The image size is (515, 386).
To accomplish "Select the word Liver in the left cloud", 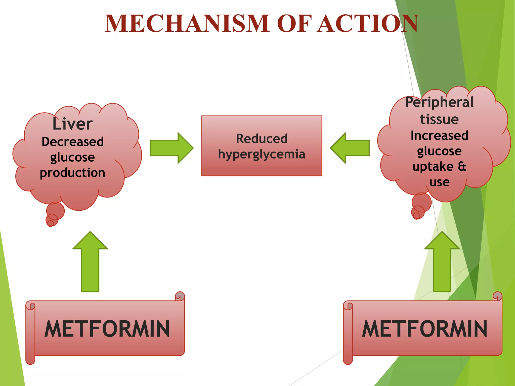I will pyautogui.click(x=72, y=124).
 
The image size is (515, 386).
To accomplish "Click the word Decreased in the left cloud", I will pyautogui.click(x=72, y=141).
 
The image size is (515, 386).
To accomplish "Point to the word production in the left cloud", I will pyautogui.click(x=72, y=173).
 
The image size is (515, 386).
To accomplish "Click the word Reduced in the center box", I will pyautogui.click(x=262, y=138).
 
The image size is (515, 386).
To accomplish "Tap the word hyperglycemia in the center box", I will pyautogui.click(x=262, y=154).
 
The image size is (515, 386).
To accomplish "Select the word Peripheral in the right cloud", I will pyautogui.click(x=439, y=102).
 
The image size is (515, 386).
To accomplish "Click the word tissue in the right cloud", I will pyautogui.click(x=439, y=119).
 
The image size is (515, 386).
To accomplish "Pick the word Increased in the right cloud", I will pyautogui.click(x=439, y=135).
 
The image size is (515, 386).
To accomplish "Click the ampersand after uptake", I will pyautogui.click(x=462, y=166).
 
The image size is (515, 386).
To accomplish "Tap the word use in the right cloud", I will pyautogui.click(x=439, y=182).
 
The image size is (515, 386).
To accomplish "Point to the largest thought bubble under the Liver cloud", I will pyautogui.click(x=56, y=211).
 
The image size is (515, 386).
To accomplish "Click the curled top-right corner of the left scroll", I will pyautogui.click(x=180, y=296).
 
